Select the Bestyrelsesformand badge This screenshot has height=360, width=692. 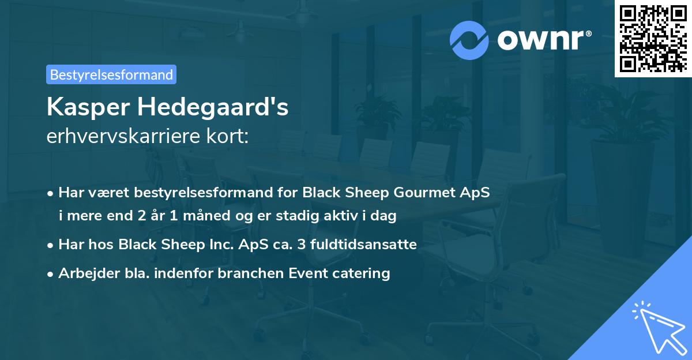[111, 74]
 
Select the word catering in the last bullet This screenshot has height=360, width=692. [363, 273]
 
